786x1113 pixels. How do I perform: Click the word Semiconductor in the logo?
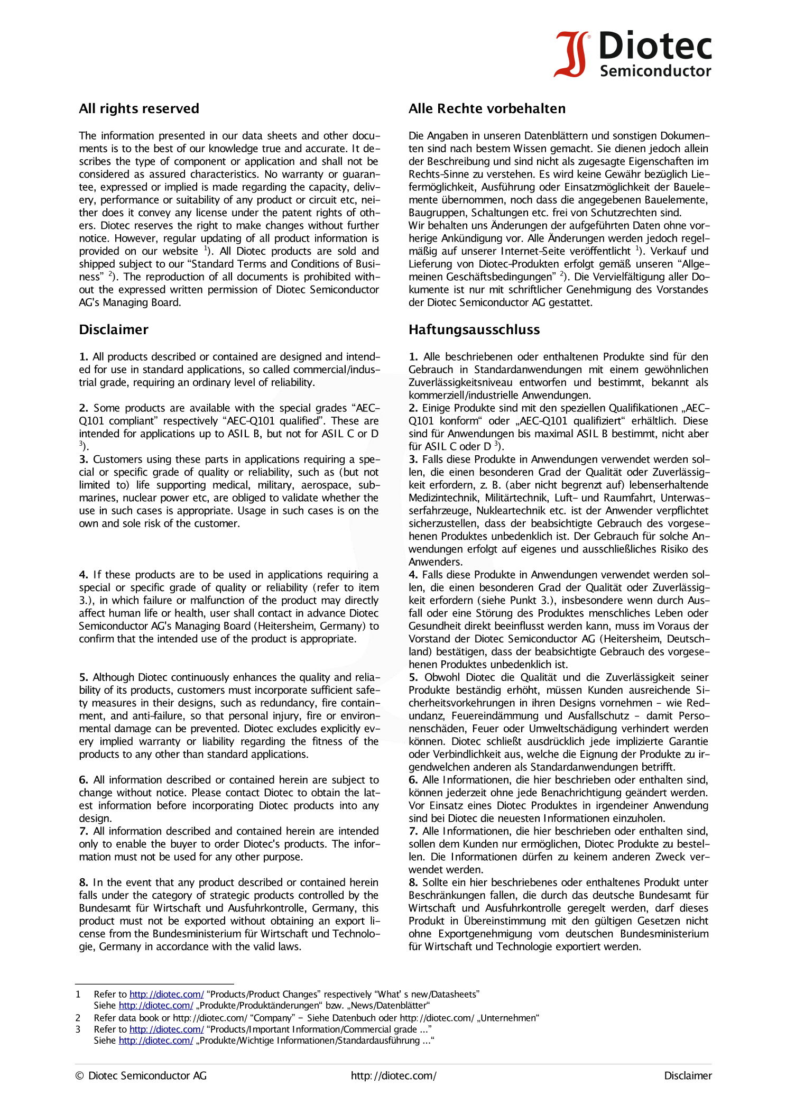pos(655,71)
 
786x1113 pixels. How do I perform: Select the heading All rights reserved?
pos(139,109)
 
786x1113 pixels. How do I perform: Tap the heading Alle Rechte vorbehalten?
pos(487,109)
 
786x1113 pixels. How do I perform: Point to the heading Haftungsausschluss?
pos(474,330)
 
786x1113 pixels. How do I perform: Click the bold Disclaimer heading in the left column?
pos(114,330)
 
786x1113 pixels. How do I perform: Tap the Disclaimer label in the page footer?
pos(688,1075)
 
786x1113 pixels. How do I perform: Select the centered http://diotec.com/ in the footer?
pos(393,1075)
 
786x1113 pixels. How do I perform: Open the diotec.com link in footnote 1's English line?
pos(167,994)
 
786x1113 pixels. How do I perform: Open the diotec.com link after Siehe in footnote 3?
pos(156,1040)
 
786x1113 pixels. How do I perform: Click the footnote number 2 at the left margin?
pos(78,1018)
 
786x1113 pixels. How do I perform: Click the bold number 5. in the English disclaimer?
pos(84,677)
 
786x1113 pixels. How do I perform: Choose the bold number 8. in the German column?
pos(413,882)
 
